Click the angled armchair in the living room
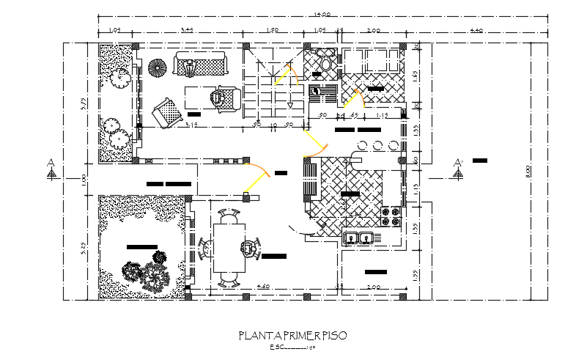167,113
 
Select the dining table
229,249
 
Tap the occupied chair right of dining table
251,248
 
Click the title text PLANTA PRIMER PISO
292,336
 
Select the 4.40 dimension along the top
476,31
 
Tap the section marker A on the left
51,168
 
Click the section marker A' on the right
458,168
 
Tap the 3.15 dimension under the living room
193,125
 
